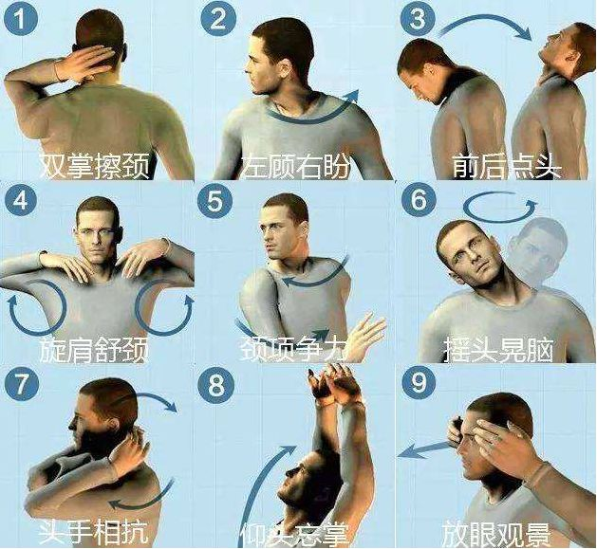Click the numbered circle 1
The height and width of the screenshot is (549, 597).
point(21,20)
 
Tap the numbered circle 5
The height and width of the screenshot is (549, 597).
point(215,201)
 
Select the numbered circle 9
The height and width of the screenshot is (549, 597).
point(418,382)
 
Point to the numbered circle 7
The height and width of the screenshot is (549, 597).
point(21,384)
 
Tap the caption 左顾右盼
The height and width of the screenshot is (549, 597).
point(295,166)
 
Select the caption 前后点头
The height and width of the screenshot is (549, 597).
point(507,166)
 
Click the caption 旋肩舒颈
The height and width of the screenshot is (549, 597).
point(94,349)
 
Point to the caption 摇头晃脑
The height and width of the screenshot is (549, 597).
point(498,349)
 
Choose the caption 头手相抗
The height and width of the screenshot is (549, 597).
point(93,530)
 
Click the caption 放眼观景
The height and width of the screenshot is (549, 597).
point(495,534)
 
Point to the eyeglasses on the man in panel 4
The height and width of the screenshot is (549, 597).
point(95,231)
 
